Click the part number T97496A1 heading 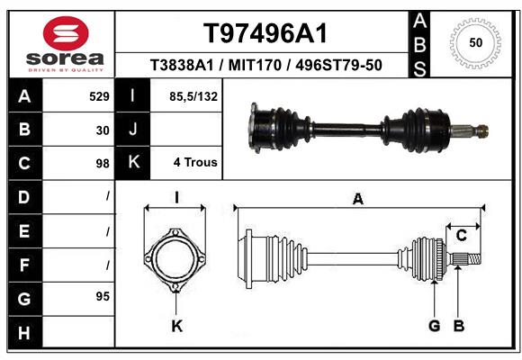[264, 33]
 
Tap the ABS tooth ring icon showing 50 [474, 42]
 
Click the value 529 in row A [99, 95]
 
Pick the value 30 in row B [103, 130]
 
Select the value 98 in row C [103, 164]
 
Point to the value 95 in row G [102, 295]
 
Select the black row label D [23, 195]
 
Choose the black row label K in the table [133, 163]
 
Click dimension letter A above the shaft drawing [358, 200]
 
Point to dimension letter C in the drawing [462, 236]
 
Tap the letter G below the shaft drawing [433, 326]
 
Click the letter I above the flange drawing [177, 198]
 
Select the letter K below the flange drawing [177, 327]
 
